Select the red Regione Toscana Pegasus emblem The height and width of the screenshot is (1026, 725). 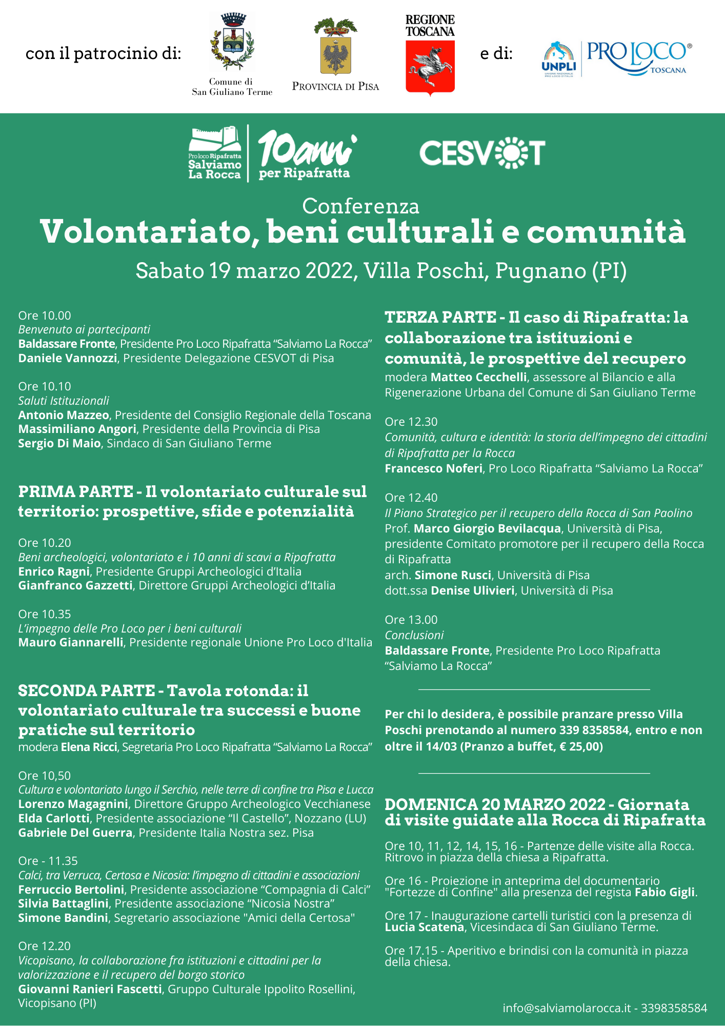coord(430,66)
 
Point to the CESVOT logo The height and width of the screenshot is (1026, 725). coord(482,153)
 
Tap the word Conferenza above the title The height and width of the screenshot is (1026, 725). coord(360,206)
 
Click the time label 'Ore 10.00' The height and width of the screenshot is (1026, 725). coord(45,315)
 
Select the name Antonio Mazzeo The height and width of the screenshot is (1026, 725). coord(64,415)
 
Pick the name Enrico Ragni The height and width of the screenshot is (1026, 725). coord(54,571)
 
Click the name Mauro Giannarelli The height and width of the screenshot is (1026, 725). coord(71,642)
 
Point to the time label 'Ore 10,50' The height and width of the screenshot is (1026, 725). coord(45,775)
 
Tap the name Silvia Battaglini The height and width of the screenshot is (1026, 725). coord(64,903)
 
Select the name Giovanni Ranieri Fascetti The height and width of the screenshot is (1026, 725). coord(90,989)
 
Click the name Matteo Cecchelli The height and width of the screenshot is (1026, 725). coord(478,377)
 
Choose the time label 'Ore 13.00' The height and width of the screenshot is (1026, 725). coord(411,620)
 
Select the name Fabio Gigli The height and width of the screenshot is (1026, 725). coord(664,892)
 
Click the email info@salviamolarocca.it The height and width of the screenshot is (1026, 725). coord(566,1008)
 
